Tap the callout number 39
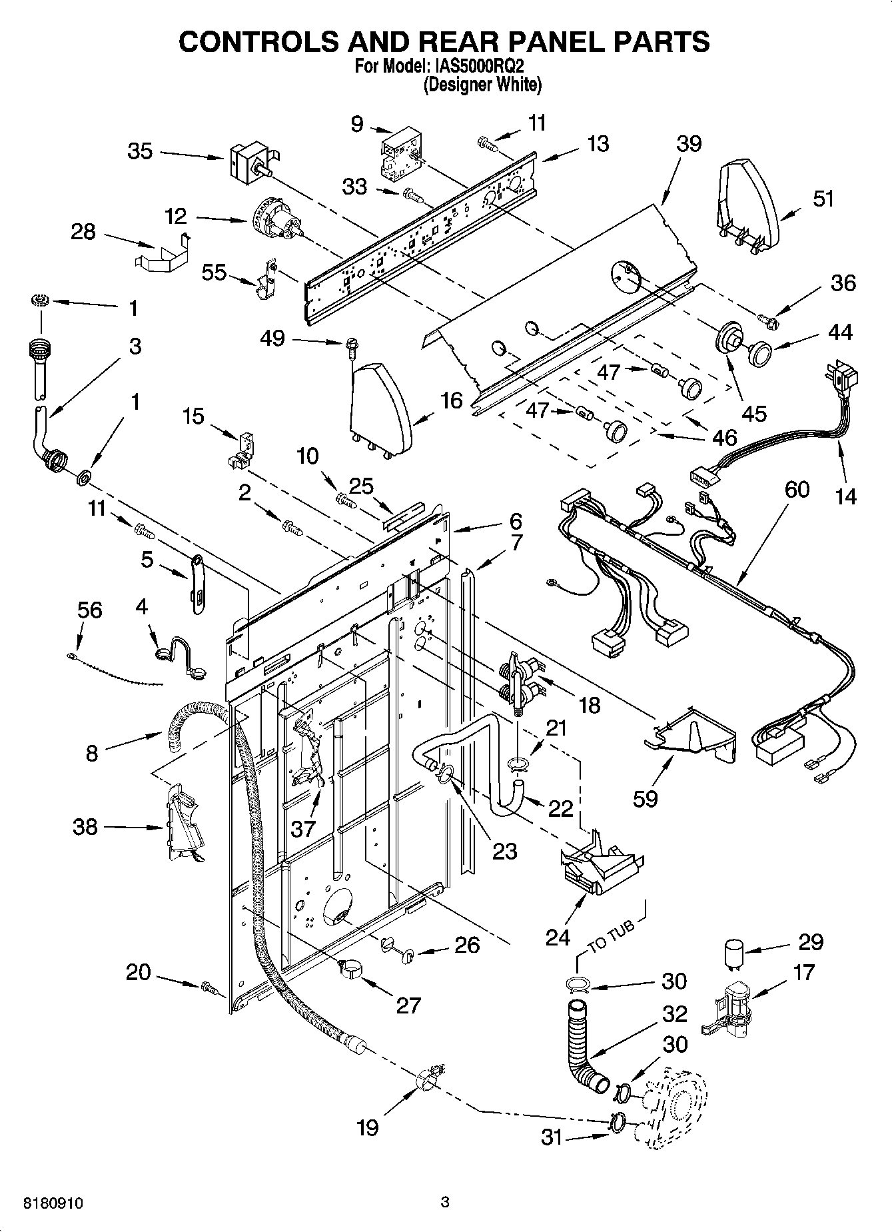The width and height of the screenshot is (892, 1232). pos(689,143)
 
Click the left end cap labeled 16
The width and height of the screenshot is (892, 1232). pos(379,408)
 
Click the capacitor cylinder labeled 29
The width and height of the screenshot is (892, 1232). pos(733,954)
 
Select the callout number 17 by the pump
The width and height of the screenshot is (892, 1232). pos(804,972)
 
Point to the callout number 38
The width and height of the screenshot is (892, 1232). pos(85,827)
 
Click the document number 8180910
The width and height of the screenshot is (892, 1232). pos(53,1203)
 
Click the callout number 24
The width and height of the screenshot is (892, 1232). pos(558,936)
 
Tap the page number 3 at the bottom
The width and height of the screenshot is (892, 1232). pos(446,1202)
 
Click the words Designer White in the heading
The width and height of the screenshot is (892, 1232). pos(482,85)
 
